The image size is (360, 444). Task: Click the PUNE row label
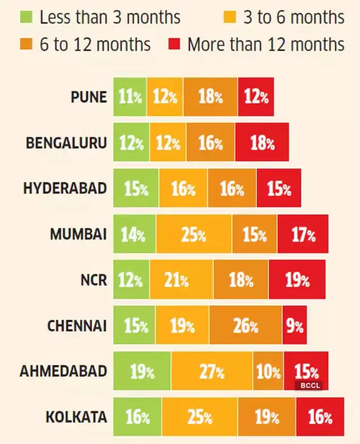[x=89, y=97]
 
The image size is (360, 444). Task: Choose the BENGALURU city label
[x=67, y=142]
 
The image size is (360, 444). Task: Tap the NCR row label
[x=94, y=280]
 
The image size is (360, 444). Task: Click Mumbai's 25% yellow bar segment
[x=194, y=235]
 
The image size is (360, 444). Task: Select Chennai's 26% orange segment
[x=245, y=326]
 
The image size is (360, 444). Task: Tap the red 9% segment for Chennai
[x=294, y=326]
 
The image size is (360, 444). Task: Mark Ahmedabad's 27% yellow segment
[x=212, y=371]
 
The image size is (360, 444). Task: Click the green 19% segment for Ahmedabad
[x=142, y=371]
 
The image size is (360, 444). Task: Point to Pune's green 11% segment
[x=130, y=97]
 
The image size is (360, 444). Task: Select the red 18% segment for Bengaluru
[x=262, y=142]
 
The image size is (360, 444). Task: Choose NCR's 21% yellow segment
[x=181, y=280]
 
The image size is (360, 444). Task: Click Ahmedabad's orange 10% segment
[x=268, y=371]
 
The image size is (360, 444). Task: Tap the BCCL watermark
[x=308, y=384]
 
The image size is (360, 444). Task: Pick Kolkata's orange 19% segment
[x=266, y=416]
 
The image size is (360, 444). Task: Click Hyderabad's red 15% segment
[x=278, y=188]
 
